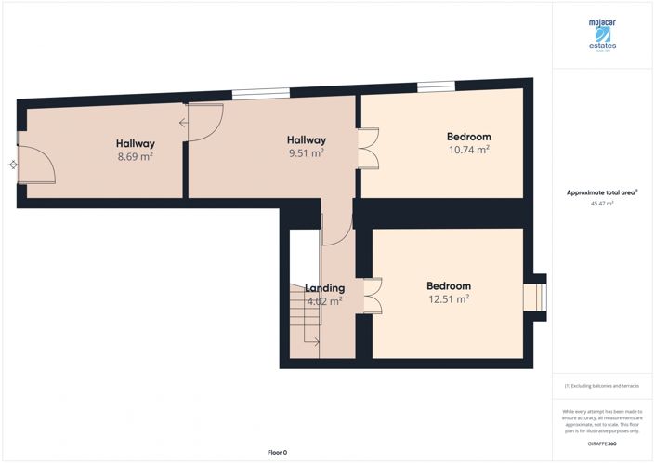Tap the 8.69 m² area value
pos(135,157)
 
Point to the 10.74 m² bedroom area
pos(468,150)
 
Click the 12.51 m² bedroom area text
pos(448,299)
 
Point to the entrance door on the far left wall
pos(35,165)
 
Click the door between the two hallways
pos(203,123)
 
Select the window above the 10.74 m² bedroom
pos(436,87)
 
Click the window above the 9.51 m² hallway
pos(260,92)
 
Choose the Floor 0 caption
pos(277,452)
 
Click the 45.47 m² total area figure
pos(602,202)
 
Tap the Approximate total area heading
pos(601,192)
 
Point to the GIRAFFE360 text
pos(602,445)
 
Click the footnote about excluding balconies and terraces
pos(602,385)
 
